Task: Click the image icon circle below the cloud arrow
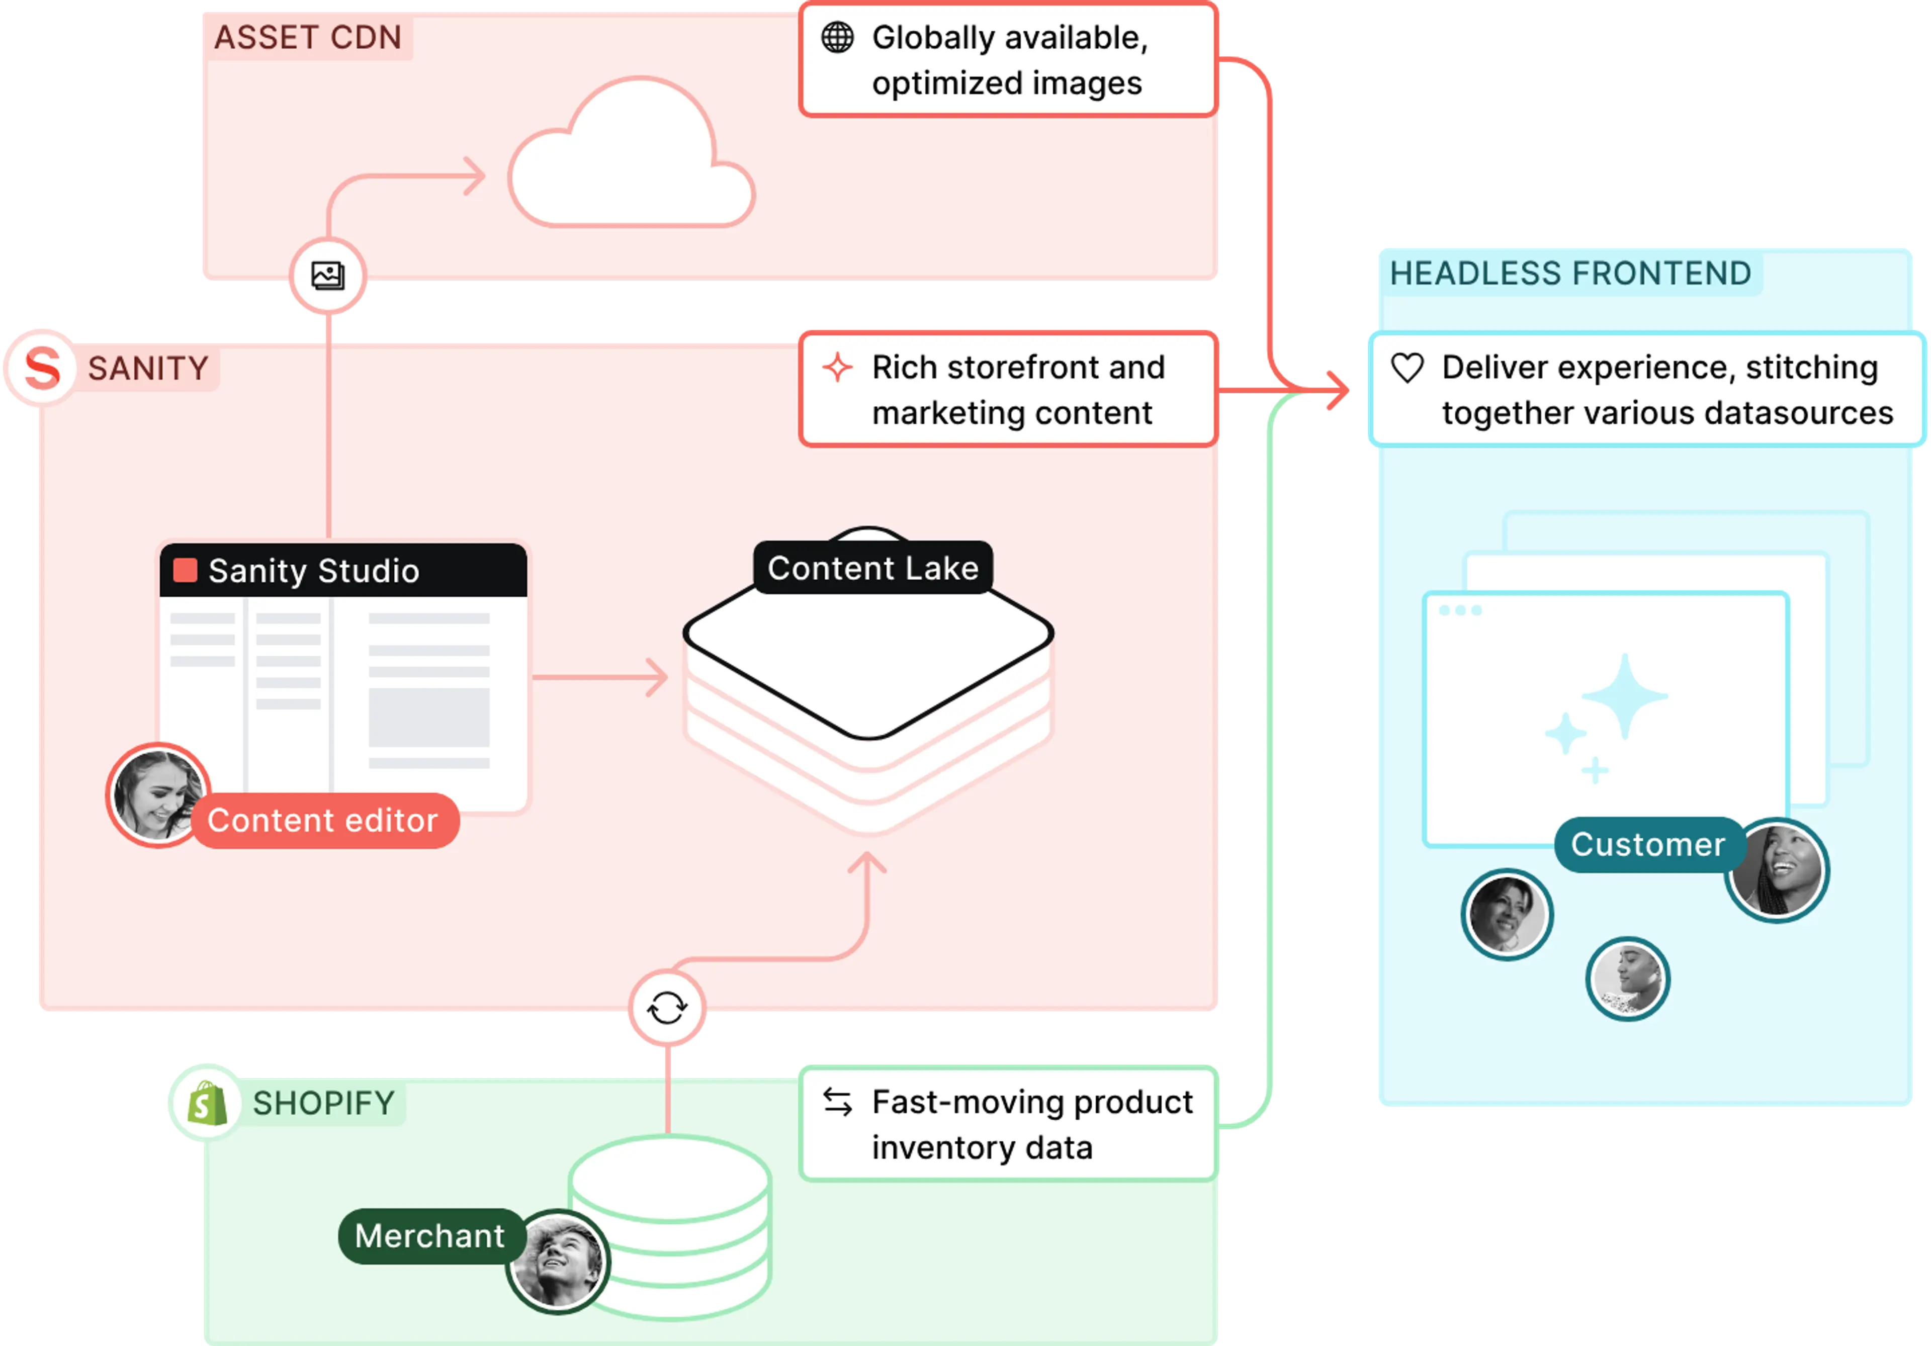328,276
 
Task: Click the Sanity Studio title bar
343,571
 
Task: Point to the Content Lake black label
873,568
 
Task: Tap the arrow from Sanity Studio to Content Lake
601,677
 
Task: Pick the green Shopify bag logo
206,1103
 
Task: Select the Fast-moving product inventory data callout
1008,1124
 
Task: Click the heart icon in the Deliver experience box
1407,368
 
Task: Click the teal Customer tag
1647,844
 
